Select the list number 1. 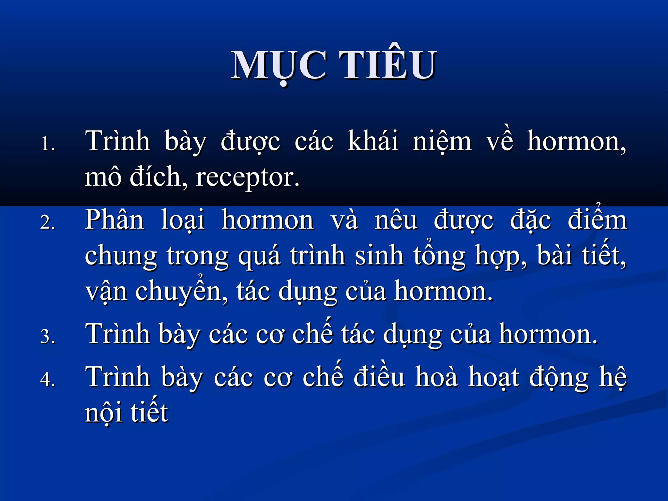[x=48, y=144]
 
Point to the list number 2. [x=48, y=222]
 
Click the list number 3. [x=48, y=336]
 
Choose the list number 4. [x=48, y=379]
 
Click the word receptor [x=247, y=178]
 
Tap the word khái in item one [x=373, y=141]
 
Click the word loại [x=183, y=220]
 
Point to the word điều [x=379, y=377]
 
